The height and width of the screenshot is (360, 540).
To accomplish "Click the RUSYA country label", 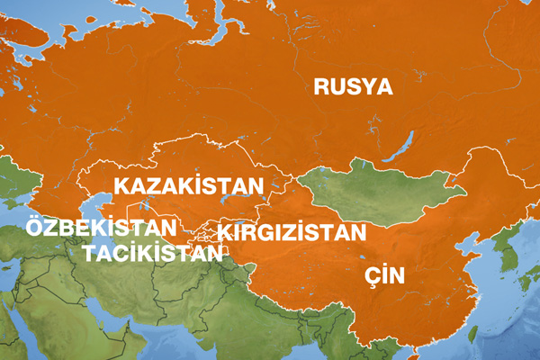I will point(354,86).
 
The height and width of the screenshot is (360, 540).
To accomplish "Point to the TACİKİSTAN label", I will point(151,252).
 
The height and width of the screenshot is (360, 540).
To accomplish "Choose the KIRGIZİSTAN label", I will point(293,232).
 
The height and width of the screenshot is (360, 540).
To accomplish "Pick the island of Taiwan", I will point(474,334).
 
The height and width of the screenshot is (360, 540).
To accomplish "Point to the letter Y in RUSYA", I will point(364,86).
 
